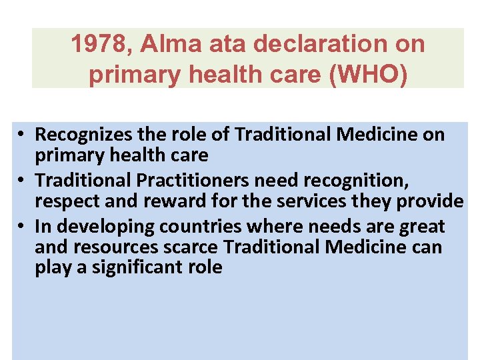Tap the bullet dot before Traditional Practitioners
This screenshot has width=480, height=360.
pos(22,181)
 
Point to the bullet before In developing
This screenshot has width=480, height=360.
pos(22,227)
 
